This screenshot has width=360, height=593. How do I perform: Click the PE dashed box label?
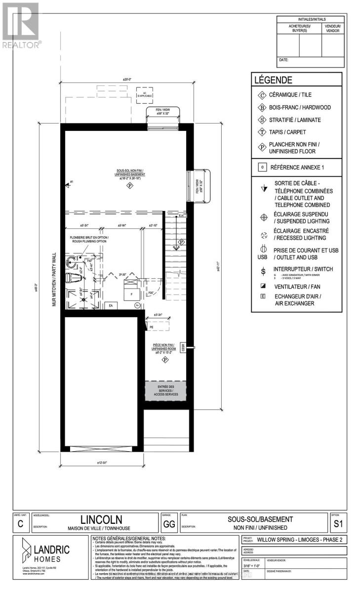point(151,327)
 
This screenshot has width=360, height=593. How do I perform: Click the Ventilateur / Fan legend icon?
point(263,286)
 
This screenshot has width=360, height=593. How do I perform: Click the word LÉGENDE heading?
point(273,80)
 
